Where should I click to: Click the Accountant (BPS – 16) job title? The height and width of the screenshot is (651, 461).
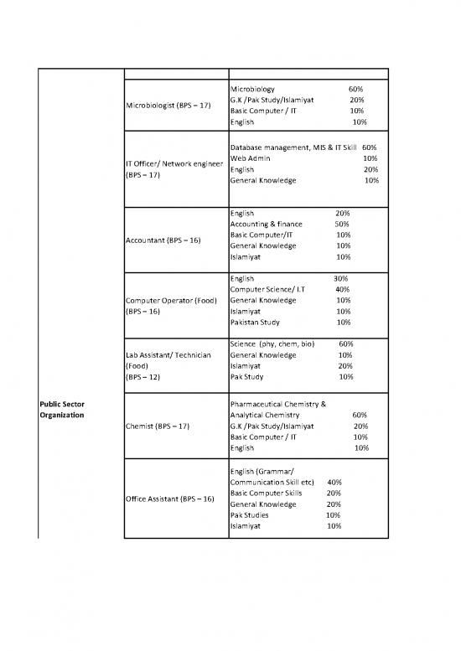pos(163,240)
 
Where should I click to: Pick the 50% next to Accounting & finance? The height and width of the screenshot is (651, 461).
pos(342,224)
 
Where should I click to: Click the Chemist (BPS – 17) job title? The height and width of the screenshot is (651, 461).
pos(157,426)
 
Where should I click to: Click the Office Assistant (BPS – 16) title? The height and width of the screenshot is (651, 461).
pos(169,499)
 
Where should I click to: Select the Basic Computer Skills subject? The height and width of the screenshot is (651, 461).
pos(265,493)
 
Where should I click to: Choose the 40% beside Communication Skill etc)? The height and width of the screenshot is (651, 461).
pos(334,482)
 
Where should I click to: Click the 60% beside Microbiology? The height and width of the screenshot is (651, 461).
pos(355,88)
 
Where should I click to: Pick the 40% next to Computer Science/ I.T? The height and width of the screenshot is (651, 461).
pos(342,289)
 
